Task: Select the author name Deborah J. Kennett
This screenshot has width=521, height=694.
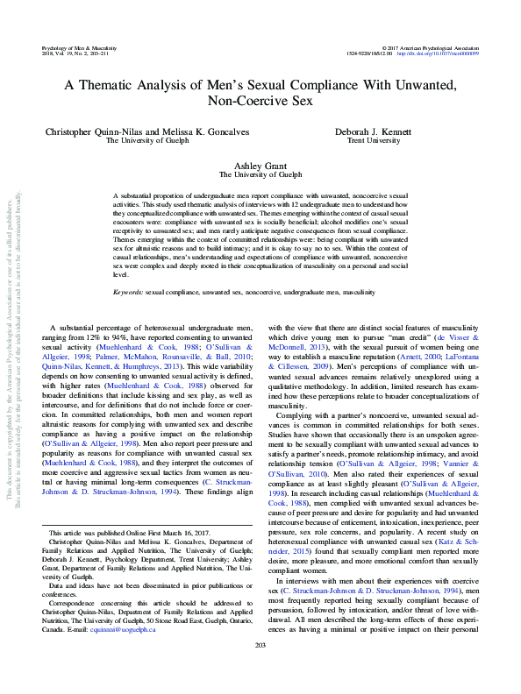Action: (x=380, y=130)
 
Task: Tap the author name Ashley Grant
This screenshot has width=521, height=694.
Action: (x=260, y=165)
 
